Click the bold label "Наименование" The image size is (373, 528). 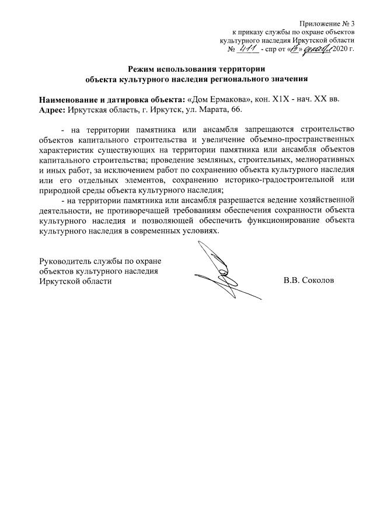pos(67,99)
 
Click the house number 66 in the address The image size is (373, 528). pos(233,109)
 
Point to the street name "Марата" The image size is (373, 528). pos(210,109)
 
